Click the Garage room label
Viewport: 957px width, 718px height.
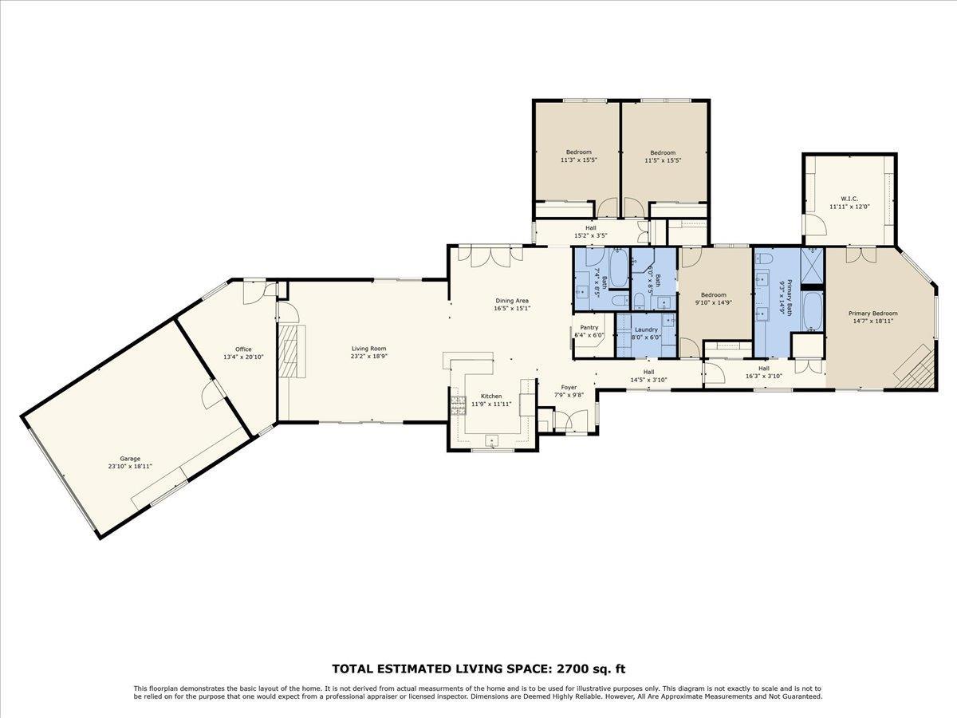130,459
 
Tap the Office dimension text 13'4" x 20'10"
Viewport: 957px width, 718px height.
243,357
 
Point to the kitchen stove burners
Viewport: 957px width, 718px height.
459,406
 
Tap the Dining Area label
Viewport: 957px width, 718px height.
513,301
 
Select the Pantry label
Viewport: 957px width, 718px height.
589,327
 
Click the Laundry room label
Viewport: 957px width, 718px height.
646,329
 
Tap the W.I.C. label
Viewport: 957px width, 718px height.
848,199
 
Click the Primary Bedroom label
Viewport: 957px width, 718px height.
872,314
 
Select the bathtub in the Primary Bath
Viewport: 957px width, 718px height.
812,313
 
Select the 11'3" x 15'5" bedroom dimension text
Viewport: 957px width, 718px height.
579,160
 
